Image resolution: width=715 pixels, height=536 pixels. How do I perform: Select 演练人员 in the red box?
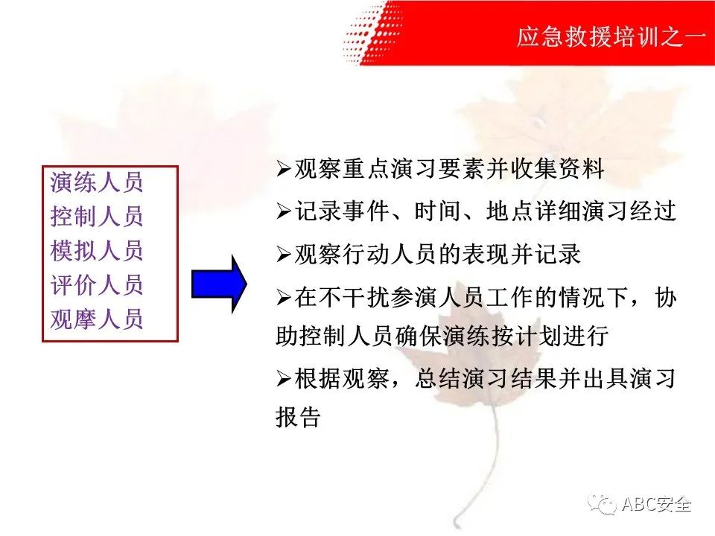(x=97, y=182)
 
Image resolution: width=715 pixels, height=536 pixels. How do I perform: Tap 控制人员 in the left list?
(x=97, y=216)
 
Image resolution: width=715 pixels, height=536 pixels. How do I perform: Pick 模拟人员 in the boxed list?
(x=97, y=250)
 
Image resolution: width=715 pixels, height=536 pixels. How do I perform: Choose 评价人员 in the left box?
(x=97, y=284)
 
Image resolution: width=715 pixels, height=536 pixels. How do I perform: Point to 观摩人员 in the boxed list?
(x=97, y=319)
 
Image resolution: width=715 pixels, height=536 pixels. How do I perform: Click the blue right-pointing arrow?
(x=219, y=284)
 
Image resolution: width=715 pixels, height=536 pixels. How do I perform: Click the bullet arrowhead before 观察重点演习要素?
(x=284, y=169)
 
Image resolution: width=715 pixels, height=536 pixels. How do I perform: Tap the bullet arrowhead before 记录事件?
(x=284, y=211)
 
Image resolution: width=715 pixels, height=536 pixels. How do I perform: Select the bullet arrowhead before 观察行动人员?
(x=284, y=255)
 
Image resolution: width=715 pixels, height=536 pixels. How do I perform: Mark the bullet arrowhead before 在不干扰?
(x=284, y=297)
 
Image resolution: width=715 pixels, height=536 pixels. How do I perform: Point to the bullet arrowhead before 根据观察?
(x=284, y=378)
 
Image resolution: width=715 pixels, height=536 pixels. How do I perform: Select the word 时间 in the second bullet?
(x=437, y=211)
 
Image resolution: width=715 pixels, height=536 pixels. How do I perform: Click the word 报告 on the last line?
(x=299, y=417)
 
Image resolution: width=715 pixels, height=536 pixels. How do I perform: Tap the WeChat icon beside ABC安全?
(x=602, y=504)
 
